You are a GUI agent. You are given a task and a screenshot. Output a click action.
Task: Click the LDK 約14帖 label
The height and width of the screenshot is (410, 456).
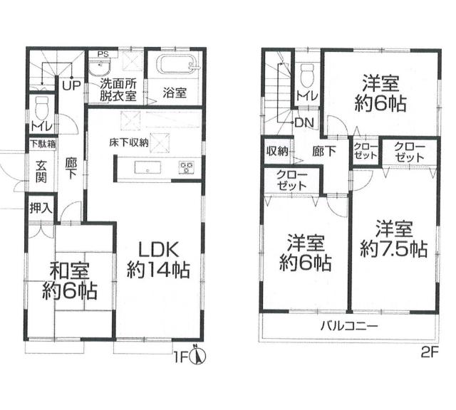click(157, 259)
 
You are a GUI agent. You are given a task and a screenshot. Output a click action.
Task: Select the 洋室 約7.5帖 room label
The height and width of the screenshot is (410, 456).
click(393, 239)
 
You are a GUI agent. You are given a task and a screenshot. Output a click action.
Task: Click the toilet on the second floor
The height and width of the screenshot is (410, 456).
click(307, 74)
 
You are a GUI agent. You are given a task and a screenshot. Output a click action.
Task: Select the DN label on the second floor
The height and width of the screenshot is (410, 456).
click(304, 122)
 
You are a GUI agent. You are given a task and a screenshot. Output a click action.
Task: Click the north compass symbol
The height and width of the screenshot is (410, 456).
click(199, 354)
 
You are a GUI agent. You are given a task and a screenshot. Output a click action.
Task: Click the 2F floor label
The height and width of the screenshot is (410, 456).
click(427, 351)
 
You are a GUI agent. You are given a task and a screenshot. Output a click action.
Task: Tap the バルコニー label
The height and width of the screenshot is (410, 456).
click(348, 327)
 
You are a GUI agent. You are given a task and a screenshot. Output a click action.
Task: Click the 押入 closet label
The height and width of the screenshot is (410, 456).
click(40, 209)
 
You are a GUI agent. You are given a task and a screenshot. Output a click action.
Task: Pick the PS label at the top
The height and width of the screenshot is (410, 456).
click(103, 53)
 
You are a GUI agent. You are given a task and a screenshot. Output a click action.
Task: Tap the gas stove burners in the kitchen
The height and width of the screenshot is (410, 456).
click(187, 168)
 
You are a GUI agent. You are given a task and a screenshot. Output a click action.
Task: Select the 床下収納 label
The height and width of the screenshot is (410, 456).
click(129, 142)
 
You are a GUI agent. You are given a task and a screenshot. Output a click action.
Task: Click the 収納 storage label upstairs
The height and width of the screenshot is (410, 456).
click(278, 151)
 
